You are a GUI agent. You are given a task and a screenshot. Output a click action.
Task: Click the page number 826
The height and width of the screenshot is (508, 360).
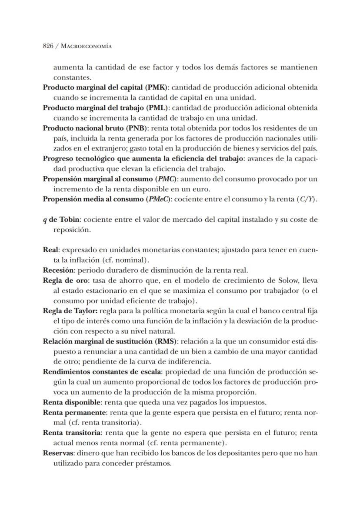pos(48,46)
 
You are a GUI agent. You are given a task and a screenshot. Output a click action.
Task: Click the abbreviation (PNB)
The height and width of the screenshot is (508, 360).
pos(136,128)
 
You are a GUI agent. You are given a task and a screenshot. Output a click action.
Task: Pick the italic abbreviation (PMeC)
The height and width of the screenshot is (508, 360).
pos(158,199)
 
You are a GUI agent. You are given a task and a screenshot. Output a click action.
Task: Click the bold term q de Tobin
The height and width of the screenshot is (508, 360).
pos(61,220)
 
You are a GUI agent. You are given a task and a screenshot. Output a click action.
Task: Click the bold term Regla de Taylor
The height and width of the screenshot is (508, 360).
pos(70,311)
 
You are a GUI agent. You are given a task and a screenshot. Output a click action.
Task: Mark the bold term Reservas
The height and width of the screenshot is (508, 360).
pos(58,453)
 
